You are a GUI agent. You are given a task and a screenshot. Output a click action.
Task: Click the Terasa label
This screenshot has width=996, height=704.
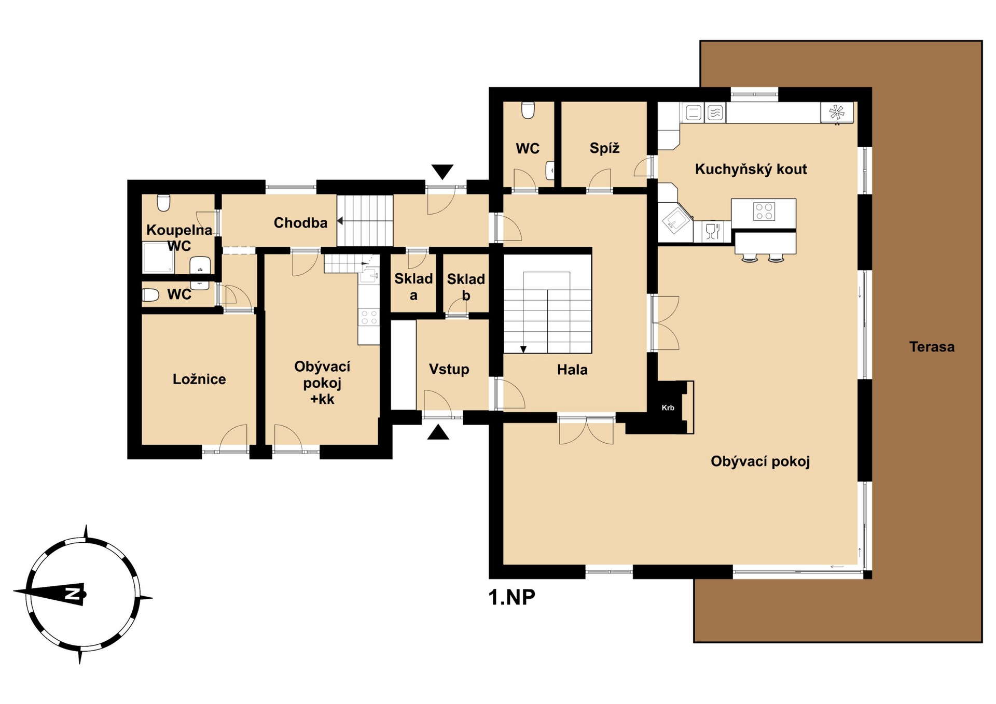point(932,347)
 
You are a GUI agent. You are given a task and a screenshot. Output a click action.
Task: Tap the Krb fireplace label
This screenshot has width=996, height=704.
point(668,408)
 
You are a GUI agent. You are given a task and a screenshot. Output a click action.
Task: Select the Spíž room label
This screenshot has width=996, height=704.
point(604,148)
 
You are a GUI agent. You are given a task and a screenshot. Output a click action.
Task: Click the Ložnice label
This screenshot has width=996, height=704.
point(199,379)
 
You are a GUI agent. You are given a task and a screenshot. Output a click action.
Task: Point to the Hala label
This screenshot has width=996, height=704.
point(572,370)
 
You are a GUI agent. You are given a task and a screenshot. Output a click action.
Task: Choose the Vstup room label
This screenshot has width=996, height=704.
point(449,369)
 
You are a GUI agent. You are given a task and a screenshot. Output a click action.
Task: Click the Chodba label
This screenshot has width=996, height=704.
point(300,223)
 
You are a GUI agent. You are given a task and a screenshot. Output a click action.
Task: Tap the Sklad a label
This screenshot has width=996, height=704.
point(413,287)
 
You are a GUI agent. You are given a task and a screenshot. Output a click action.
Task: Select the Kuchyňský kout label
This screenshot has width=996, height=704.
point(751,170)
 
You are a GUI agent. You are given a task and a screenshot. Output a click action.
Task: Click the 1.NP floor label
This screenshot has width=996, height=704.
point(511,597)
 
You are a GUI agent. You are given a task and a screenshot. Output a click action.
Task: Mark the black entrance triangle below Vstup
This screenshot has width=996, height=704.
point(438,432)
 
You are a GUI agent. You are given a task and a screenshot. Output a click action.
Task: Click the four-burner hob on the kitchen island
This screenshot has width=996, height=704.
point(764,212)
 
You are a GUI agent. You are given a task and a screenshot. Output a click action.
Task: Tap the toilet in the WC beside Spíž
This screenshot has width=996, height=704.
point(528,110)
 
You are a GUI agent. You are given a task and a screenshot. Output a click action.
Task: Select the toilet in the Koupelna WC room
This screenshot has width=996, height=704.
point(163,203)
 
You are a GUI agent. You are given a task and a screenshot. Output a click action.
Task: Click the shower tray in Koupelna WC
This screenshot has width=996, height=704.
point(159,258)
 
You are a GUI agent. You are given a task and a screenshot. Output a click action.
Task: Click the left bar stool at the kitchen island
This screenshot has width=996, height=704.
point(750,258)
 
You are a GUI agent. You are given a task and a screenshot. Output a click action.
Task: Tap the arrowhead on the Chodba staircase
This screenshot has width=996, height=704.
point(340,221)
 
